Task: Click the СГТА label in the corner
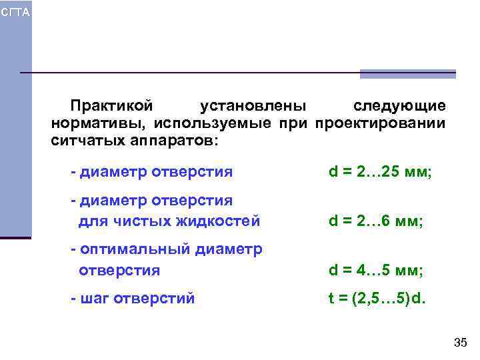pos(15,13)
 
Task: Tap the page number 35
pos(459,343)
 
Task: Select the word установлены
pos(253,107)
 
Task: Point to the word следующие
pos(399,107)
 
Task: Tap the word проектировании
pos(380,124)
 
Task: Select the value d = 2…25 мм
pos(380,173)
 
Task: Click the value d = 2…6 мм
pos(375,221)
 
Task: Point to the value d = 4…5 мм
pos(375,271)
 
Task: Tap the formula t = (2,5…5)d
pos(377,299)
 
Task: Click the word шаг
pos(95,299)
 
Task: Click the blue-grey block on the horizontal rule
pos(408,74)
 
